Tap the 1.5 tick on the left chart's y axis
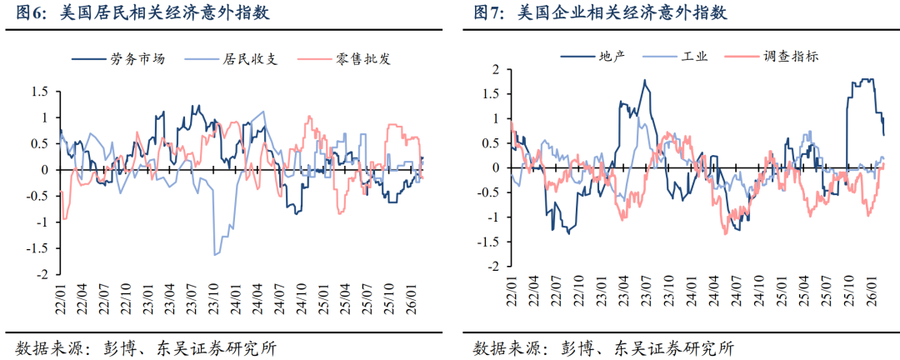point(39,92)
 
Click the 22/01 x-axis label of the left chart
point(61,297)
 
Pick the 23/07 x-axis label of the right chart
point(645,297)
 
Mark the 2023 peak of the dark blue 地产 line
point(645,80)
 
